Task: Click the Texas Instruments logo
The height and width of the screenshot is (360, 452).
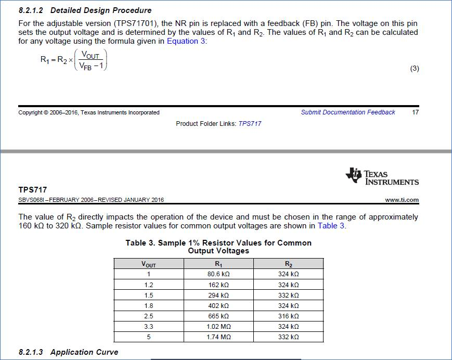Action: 382,176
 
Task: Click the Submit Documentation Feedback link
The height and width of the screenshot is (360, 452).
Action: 347,112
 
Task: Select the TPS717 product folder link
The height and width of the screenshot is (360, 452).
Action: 250,124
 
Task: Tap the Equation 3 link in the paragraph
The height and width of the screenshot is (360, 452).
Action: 186,41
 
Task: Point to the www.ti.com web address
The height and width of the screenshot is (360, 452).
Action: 402,200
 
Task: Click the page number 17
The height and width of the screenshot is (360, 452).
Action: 415,112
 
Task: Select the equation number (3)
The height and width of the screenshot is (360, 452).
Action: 415,69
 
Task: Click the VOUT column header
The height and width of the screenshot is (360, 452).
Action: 149,264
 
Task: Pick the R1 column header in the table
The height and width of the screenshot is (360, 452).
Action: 218,264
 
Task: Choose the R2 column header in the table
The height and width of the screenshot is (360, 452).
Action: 288,264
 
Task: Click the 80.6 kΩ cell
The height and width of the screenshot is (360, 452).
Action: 218,274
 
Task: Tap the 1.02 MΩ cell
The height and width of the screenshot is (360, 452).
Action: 218,327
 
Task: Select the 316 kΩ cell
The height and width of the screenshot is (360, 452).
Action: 288,316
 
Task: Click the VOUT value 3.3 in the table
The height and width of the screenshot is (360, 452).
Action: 149,327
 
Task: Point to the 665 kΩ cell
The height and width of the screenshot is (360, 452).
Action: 218,316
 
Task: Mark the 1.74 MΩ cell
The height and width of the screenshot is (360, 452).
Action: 218,337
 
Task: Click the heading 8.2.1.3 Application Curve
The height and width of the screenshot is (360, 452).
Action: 68,352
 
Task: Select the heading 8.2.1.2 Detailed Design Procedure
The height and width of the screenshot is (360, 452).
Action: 85,10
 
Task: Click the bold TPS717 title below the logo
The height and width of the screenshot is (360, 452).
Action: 32,190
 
